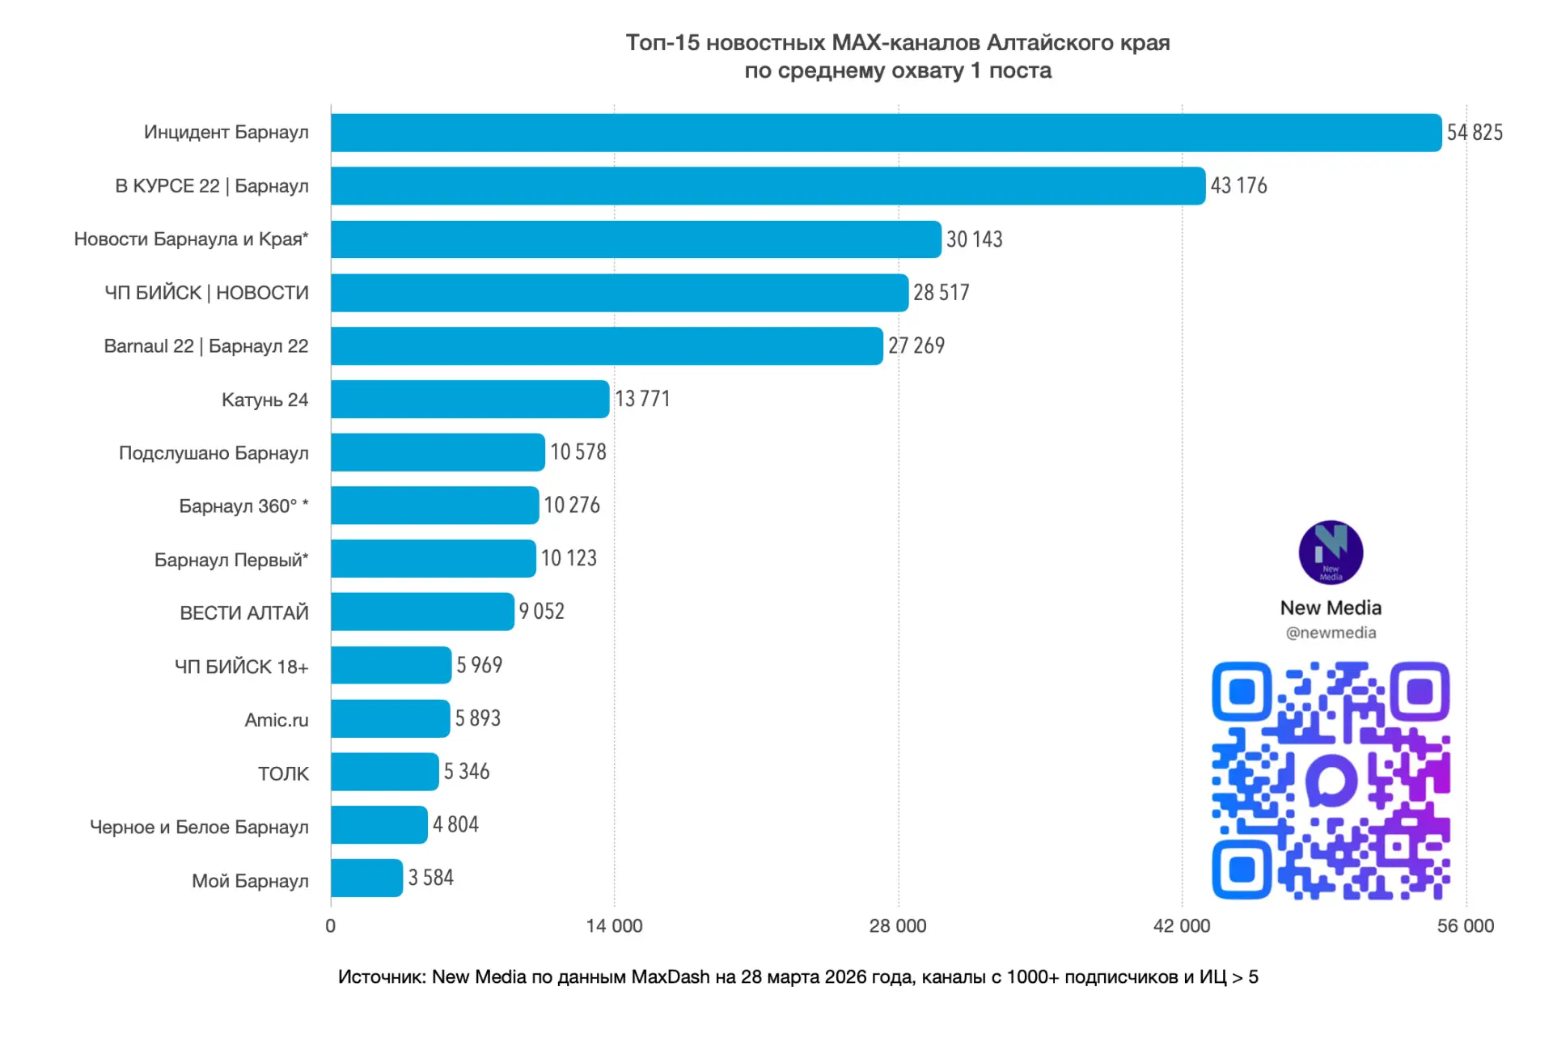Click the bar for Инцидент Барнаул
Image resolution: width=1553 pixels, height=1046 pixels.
tap(886, 133)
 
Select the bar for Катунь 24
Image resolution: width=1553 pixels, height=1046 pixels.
tap(470, 400)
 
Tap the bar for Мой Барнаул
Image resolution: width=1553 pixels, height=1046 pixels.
tap(366, 878)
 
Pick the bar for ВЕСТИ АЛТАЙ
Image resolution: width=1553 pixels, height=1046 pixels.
tap(422, 612)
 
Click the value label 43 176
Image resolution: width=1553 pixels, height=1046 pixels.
tap(1238, 186)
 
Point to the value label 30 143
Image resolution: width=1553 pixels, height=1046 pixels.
tap(974, 239)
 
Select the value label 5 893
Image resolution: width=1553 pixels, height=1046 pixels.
tap(477, 718)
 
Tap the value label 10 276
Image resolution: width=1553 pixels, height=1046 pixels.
tap(572, 506)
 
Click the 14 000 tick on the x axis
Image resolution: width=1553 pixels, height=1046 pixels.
tap(614, 926)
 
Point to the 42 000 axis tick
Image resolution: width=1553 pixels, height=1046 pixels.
tap(1182, 926)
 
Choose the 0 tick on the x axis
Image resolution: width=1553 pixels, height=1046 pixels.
tap(331, 926)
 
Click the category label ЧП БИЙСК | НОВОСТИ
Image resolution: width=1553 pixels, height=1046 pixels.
tap(206, 293)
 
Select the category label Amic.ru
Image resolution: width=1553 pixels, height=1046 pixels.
tap(277, 720)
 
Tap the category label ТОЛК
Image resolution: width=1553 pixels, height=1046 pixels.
tap(283, 774)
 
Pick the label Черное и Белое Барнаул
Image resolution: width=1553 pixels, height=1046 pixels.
tap(199, 827)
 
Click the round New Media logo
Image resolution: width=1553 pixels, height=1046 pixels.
tap(1331, 553)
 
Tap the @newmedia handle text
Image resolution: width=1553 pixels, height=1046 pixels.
tap(1331, 633)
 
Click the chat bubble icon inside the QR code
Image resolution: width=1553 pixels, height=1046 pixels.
tap(1331, 781)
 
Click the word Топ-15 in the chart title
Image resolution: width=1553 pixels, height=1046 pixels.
tap(662, 43)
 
